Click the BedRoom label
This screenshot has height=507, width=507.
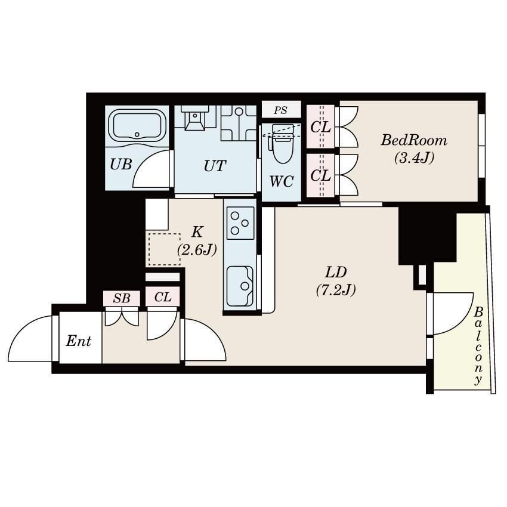(x=414, y=141)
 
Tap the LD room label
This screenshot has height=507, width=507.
(x=336, y=273)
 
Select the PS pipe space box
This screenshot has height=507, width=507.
(x=281, y=110)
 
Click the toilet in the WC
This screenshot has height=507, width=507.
(x=283, y=143)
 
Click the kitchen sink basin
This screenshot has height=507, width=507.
(x=240, y=286)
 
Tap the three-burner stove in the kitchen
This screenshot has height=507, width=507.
(x=240, y=223)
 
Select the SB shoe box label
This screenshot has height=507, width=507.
(x=122, y=298)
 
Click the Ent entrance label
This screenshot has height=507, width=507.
(x=79, y=341)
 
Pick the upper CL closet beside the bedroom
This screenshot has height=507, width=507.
(x=320, y=126)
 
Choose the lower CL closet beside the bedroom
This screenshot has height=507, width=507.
(x=320, y=175)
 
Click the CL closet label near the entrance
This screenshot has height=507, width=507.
(x=163, y=297)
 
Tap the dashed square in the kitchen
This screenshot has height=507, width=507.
(x=164, y=249)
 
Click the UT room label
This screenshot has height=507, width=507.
(x=215, y=166)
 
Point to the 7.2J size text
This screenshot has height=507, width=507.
(x=336, y=289)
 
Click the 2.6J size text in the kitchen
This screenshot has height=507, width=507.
(x=197, y=249)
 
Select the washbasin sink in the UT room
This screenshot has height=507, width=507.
(x=194, y=118)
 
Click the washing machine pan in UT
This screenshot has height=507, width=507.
(x=239, y=123)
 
